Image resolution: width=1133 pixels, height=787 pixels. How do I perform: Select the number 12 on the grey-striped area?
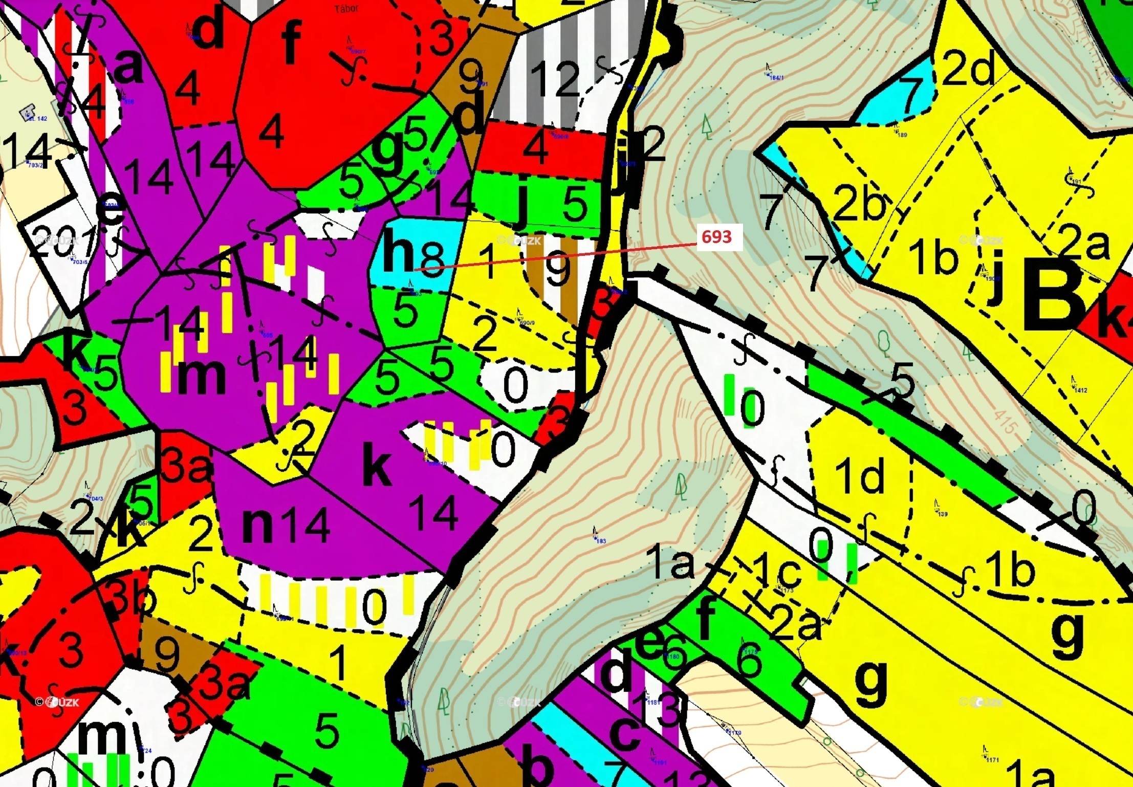pos(555,79)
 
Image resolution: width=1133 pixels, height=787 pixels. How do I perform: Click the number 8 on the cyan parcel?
pos(433,259)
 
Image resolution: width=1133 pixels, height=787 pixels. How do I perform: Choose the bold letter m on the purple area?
pos(201,376)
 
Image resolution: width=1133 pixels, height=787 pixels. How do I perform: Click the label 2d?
pos(968,69)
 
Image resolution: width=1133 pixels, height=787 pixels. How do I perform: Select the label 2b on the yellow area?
pos(859,202)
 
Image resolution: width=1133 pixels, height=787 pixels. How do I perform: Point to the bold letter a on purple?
pos(128,68)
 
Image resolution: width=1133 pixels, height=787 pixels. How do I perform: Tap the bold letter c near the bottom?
pos(625,732)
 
